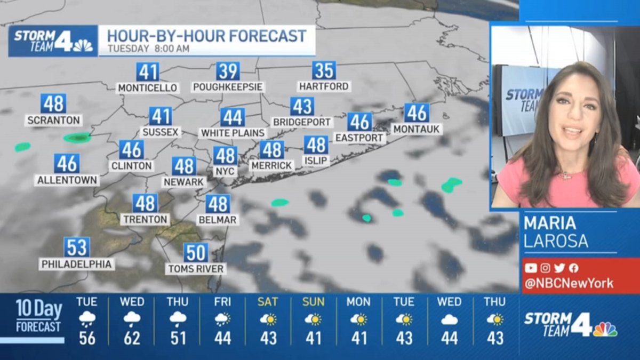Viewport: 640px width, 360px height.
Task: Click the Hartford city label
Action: point(324,86)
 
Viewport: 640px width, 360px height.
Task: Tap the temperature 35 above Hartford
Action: point(324,70)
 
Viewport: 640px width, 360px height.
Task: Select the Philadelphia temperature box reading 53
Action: point(77,247)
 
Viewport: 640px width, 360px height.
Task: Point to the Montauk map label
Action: point(416,129)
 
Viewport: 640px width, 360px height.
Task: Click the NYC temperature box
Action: point(225,156)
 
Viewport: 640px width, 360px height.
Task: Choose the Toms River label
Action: point(196,269)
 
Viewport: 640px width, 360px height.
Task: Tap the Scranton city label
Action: point(53,121)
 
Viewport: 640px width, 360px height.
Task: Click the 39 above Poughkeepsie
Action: point(228,70)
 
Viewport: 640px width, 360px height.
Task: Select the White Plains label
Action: point(233,133)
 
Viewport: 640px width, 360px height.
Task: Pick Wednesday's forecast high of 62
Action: point(132,338)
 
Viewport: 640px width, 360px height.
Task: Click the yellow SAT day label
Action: point(268,302)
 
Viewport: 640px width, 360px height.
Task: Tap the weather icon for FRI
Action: point(222,319)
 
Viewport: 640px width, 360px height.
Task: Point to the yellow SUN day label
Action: point(313,302)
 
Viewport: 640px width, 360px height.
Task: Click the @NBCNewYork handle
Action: point(569,283)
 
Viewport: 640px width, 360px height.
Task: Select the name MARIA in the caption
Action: point(549,222)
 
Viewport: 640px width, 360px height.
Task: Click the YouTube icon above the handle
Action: point(531,268)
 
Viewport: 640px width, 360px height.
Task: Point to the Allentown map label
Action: point(67,180)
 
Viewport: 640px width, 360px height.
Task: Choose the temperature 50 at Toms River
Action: point(196,252)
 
